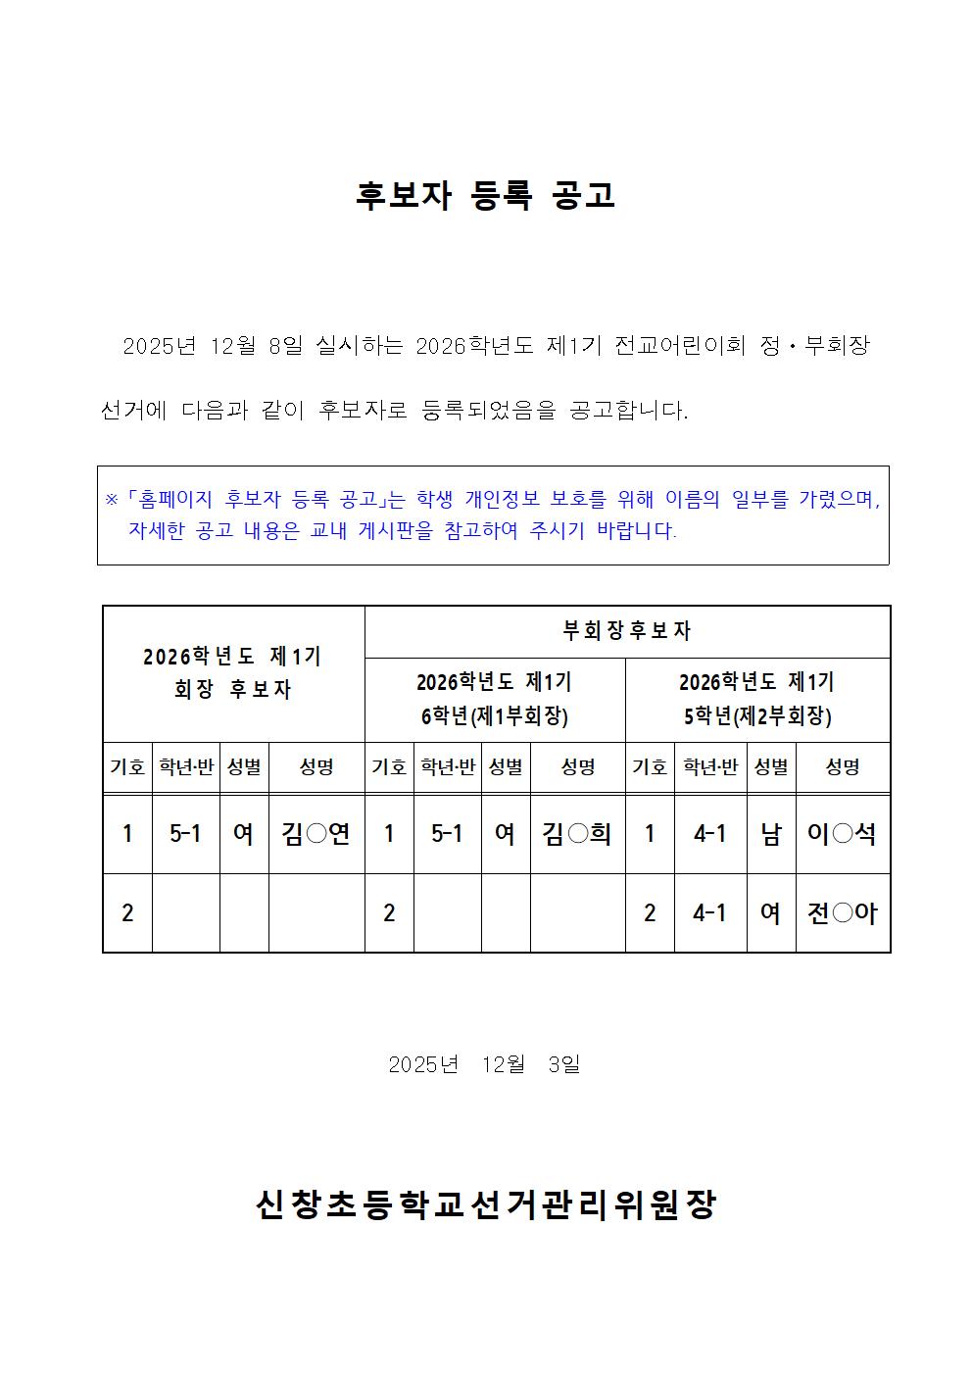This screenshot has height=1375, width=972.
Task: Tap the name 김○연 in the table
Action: coord(316,834)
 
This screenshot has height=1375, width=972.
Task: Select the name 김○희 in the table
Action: coord(577,834)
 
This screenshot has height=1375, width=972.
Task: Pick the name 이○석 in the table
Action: coord(842,834)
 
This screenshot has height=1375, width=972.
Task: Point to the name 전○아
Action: coord(842,913)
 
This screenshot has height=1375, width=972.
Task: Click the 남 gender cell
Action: coord(771,834)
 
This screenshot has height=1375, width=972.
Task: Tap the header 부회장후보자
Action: coord(627,631)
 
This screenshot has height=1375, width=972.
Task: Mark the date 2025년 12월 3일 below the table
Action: coord(484,1064)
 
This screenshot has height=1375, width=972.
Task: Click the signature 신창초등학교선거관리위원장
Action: coord(485,1204)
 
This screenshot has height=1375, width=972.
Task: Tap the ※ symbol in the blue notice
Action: coord(112,500)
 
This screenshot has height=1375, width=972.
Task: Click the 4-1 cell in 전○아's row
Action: coord(709,913)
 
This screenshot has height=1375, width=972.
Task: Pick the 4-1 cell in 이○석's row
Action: coord(709,834)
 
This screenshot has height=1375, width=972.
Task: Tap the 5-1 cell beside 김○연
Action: coord(185,834)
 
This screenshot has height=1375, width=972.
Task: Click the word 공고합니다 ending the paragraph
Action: coord(628,411)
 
